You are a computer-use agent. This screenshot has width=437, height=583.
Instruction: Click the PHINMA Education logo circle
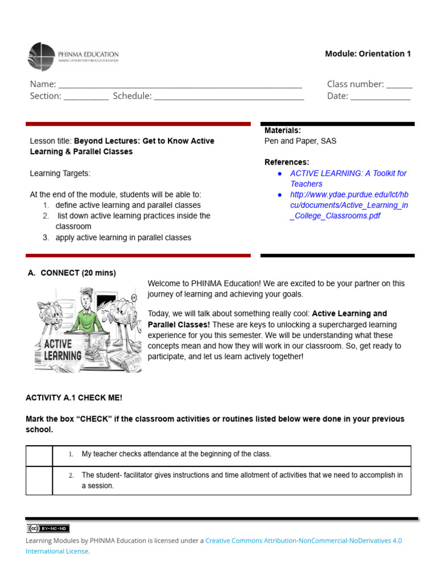42,57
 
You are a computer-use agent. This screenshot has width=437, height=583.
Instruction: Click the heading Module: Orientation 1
368,54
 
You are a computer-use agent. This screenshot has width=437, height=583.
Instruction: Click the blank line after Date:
380,98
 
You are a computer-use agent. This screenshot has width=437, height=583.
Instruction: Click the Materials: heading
283,130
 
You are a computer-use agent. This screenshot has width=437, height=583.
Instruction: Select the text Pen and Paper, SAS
300,141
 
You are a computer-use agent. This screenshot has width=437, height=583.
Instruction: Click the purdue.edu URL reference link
348,205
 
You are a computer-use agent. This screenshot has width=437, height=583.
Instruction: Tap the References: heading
287,162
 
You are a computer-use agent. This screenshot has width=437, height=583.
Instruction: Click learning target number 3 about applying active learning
123,237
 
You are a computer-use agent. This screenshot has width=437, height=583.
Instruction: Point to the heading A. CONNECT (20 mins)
72,273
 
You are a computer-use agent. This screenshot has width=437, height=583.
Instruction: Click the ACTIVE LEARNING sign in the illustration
63,350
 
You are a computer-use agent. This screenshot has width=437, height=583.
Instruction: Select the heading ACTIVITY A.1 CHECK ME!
74,397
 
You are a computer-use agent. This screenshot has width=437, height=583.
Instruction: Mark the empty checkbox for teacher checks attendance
39,455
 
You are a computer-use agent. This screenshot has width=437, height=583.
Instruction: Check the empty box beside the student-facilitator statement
39,481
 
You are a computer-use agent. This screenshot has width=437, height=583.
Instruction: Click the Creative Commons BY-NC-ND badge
48,528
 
